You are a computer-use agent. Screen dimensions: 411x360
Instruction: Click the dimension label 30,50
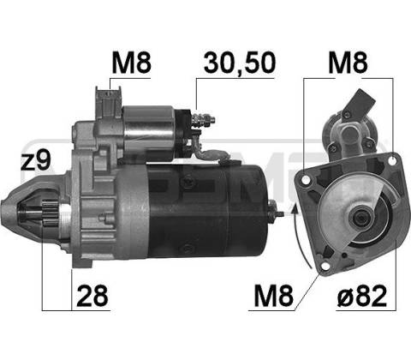[240, 63]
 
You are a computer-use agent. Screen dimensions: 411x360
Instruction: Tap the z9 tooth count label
[36, 161]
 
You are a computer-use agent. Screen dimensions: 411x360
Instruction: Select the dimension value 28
[92, 296]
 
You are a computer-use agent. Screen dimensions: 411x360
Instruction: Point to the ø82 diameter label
[362, 296]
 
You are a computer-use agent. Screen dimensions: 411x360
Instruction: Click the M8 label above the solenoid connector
[131, 63]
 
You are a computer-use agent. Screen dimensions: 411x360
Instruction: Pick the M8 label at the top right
[348, 63]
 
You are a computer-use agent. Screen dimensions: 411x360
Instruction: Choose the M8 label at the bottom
[273, 296]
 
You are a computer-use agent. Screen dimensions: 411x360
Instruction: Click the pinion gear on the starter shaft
[50, 213]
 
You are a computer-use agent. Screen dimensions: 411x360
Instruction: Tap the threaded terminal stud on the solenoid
[204, 119]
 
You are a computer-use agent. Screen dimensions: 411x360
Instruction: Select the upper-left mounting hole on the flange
[307, 179]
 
